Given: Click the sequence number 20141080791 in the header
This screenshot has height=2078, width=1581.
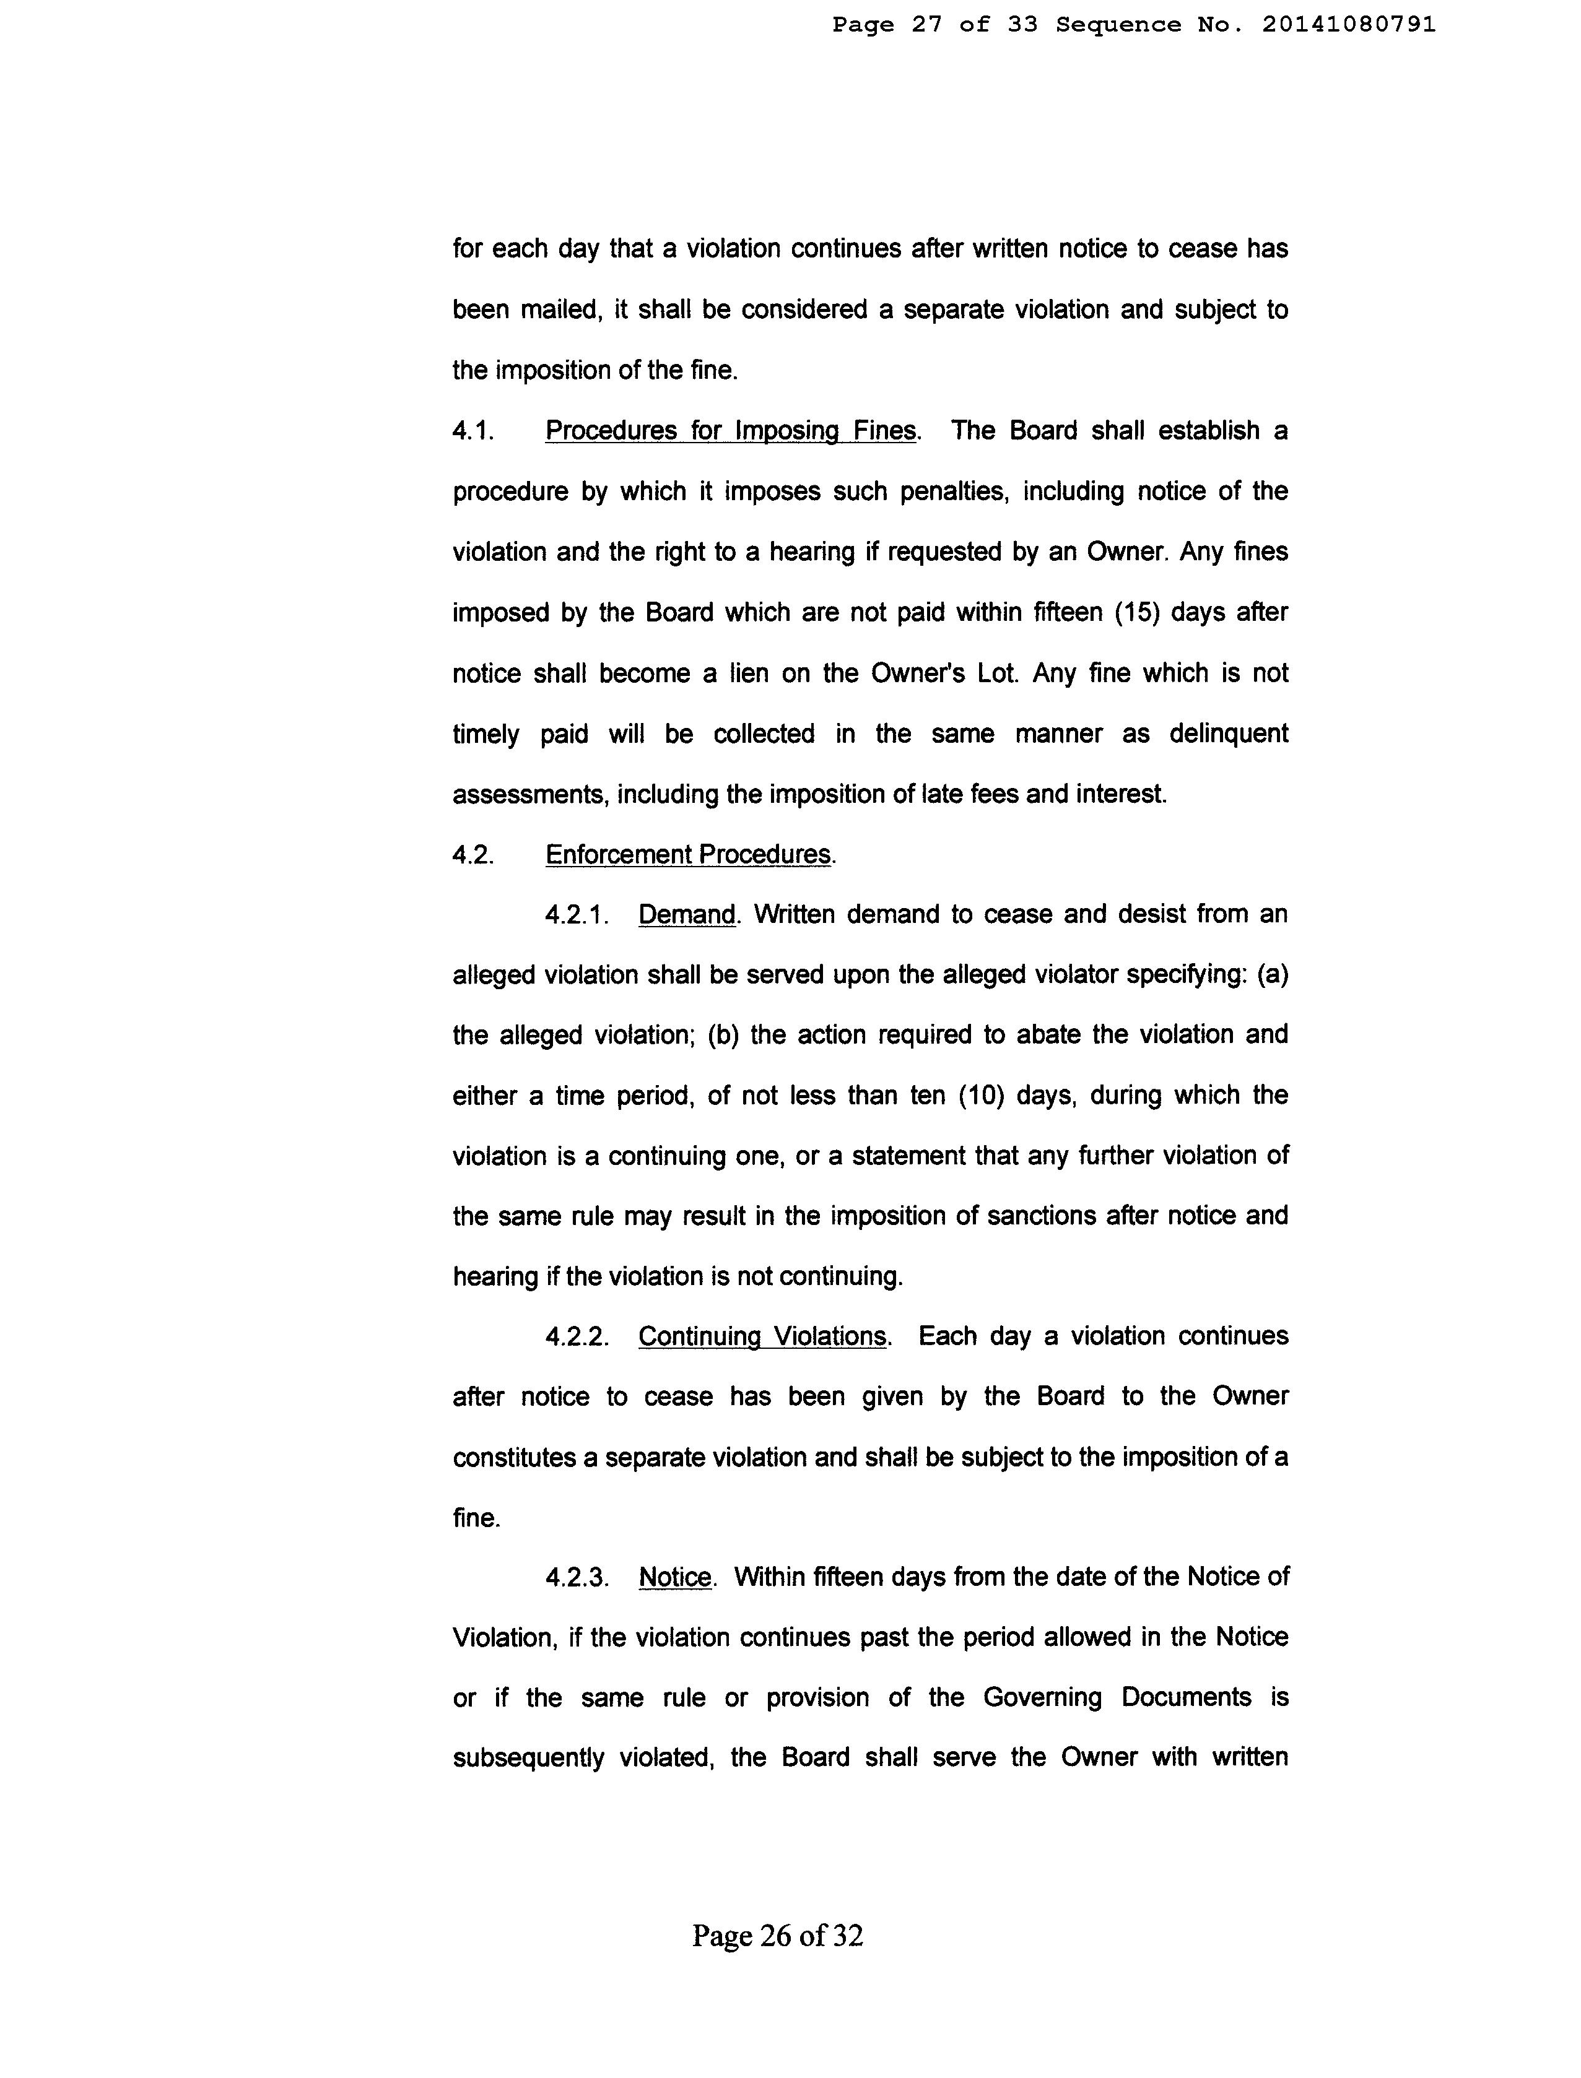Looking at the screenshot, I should click(1349, 25).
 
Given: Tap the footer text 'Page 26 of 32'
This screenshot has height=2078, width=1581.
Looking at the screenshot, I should click(777, 1935).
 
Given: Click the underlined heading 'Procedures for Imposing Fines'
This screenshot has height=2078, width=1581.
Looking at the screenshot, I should click(730, 431).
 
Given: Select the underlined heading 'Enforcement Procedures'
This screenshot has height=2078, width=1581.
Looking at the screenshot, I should click(689, 854).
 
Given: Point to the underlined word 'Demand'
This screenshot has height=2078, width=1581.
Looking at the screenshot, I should click(686, 914).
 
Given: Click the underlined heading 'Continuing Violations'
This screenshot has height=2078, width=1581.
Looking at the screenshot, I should click(762, 1336).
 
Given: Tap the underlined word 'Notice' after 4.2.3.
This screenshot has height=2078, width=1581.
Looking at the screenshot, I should click(675, 1577).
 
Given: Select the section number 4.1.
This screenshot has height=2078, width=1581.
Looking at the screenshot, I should click(473, 431).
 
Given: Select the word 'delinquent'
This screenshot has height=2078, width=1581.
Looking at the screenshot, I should click(1228, 733).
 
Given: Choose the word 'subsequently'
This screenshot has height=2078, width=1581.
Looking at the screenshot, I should click(528, 1757).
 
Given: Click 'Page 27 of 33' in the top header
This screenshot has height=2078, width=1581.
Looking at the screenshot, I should click(934, 25).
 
